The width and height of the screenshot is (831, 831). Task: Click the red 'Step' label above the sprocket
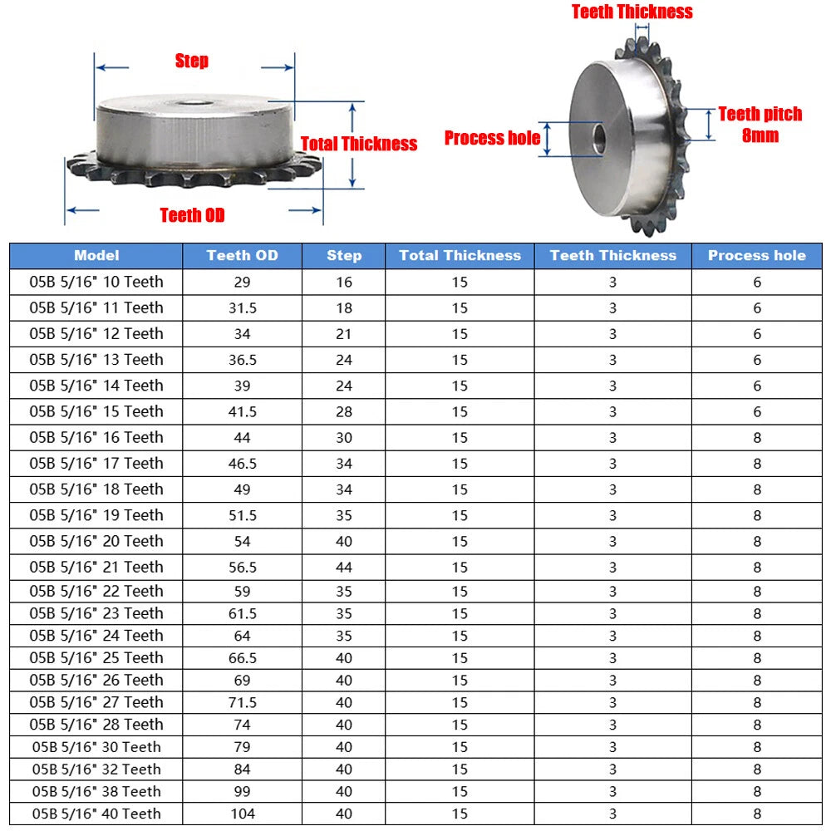click(x=192, y=61)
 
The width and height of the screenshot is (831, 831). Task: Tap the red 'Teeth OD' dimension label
click(x=193, y=215)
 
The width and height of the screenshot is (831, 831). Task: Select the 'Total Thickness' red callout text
click(x=359, y=144)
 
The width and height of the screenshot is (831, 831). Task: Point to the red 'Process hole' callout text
click(x=492, y=138)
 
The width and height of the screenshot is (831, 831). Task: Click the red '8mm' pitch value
click(x=760, y=135)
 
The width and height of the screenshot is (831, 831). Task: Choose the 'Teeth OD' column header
click(x=242, y=255)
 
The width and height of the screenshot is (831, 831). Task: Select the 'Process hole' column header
click(x=757, y=255)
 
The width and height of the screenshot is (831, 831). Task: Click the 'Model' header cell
click(x=96, y=255)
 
